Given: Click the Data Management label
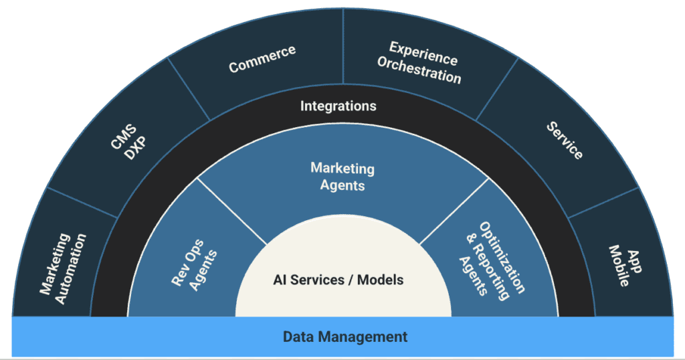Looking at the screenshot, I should [x=345, y=337].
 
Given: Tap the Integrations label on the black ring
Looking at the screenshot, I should [x=338, y=106].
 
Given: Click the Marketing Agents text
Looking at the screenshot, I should [x=342, y=177].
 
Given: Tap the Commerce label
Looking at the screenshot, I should [x=262, y=59].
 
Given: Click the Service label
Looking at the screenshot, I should [x=564, y=141].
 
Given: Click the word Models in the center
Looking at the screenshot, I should [x=380, y=280].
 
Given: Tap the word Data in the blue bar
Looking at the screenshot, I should [x=298, y=337].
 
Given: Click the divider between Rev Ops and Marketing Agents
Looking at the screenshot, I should [x=231, y=211].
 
